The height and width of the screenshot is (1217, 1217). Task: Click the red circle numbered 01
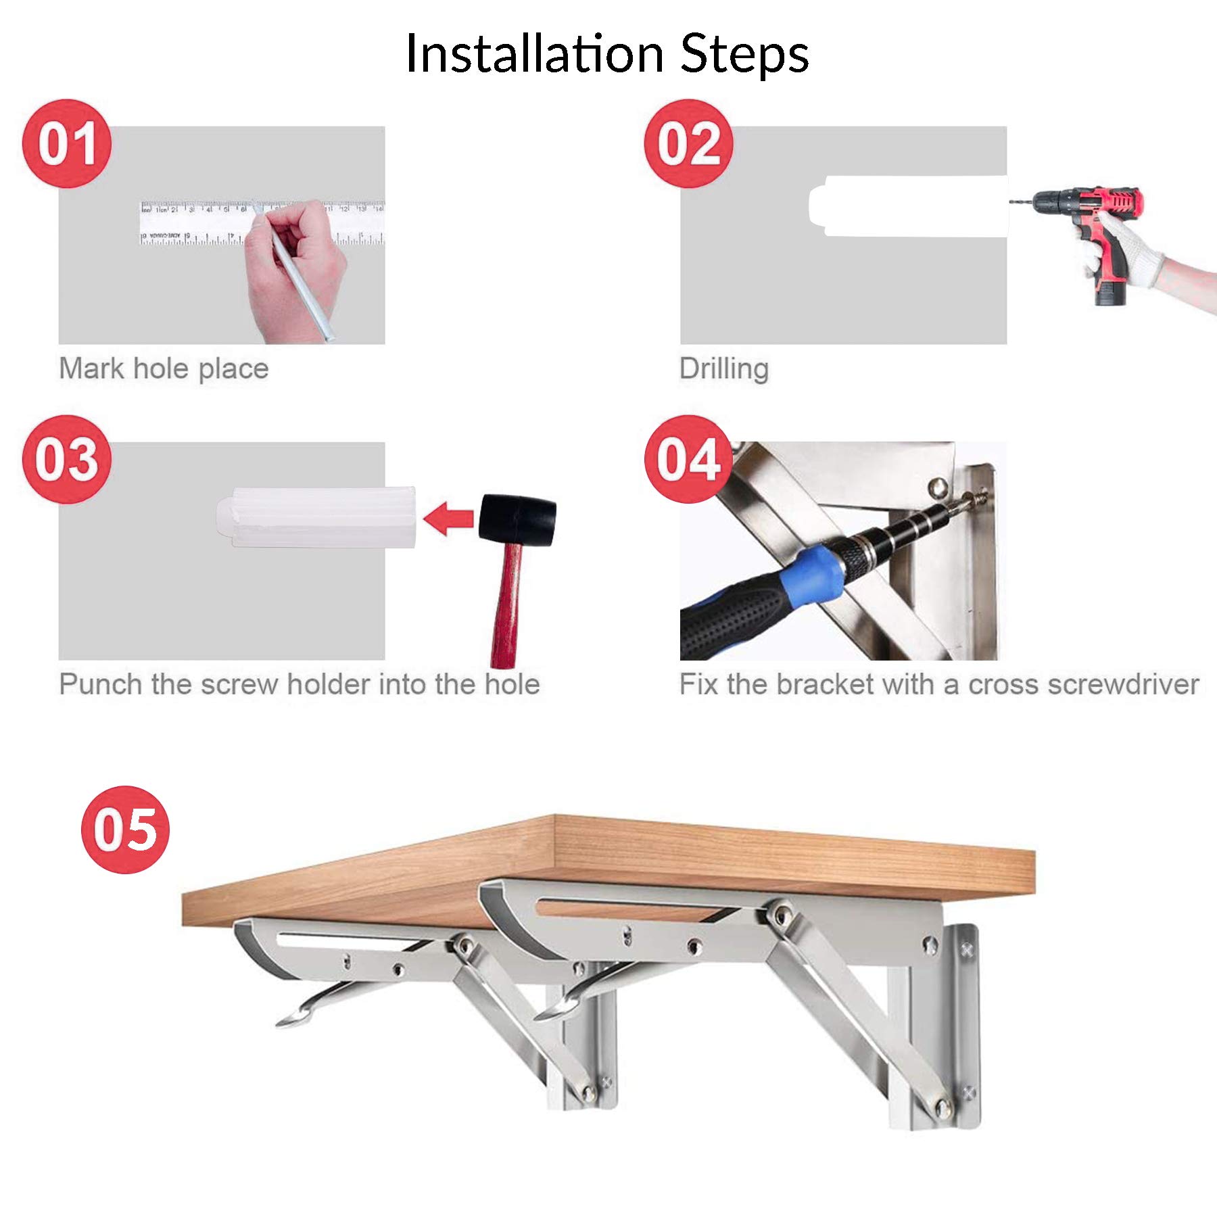click(x=66, y=143)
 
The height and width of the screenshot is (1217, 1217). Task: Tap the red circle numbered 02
click(x=688, y=143)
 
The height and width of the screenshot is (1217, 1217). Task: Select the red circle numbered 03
click(x=66, y=459)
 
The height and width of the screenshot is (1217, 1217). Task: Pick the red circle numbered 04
click(x=688, y=459)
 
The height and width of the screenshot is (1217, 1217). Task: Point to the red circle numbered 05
click(x=125, y=830)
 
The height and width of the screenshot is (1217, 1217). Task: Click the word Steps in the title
click(x=744, y=54)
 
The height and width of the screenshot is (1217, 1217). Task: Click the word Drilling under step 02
click(x=723, y=369)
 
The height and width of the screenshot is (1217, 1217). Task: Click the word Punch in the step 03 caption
click(x=101, y=685)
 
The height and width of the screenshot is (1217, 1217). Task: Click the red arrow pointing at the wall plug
click(x=448, y=519)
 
